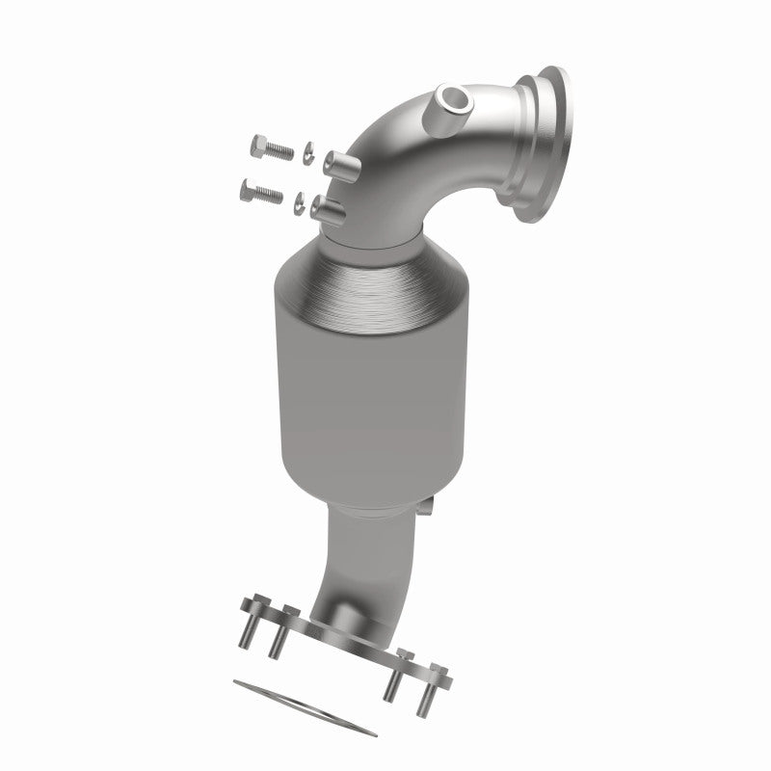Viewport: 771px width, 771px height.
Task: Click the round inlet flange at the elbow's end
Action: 548,145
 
